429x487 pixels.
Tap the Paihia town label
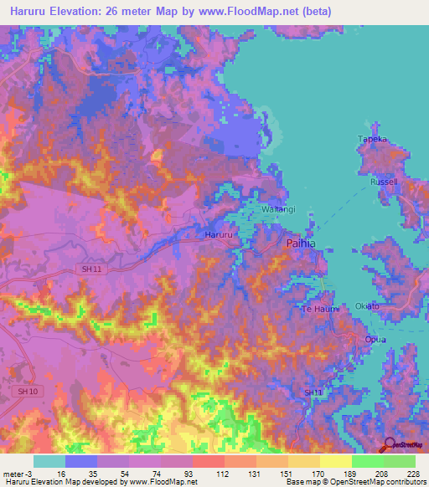point(301,243)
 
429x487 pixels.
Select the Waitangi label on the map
point(279,208)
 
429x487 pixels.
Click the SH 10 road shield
point(28,391)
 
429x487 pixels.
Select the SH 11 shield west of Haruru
point(119,267)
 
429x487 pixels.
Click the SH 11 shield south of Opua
point(313,392)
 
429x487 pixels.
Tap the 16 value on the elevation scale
point(62,473)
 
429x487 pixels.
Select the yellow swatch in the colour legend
point(335,461)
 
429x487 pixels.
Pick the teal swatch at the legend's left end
point(49,461)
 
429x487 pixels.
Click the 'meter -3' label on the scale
point(18,473)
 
